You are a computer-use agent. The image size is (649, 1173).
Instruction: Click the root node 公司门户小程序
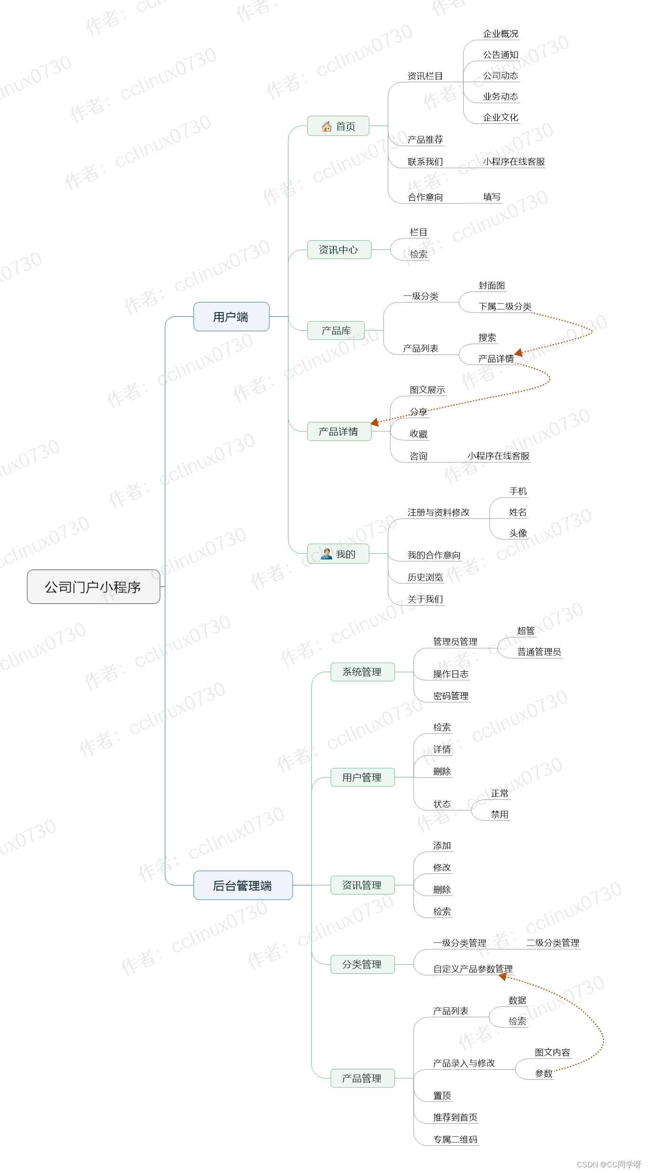(x=93, y=587)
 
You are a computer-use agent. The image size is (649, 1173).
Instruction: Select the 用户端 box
(x=231, y=317)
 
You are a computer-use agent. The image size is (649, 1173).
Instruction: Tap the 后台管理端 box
(x=243, y=885)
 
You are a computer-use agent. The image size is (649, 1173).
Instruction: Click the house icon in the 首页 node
(x=327, y=126)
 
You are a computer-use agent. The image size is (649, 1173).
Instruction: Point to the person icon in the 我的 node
(x=327, y=554)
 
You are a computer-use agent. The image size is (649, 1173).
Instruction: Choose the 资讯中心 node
(x=339, y=250)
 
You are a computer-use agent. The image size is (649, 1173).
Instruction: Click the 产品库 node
(x=336, y=331)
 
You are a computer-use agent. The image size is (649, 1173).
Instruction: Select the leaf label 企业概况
(x=500, y=34)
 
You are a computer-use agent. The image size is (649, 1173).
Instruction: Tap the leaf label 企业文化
(x=500, y=118)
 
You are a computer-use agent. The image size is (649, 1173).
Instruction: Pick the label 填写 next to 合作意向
(x=492, y=197)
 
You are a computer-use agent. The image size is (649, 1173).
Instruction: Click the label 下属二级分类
(x=505, y=307)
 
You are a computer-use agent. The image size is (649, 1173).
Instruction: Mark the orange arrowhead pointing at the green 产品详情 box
(x=375, y=422)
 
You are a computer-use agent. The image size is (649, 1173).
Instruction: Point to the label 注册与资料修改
(x=438, y=513)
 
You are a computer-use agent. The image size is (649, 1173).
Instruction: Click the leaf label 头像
(x=518, y=533)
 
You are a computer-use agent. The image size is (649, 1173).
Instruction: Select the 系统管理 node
(x=362, y=672)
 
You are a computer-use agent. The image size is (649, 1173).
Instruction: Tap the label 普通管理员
(x=539, y=652)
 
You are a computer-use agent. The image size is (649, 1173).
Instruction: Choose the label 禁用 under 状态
(x=500, y=815)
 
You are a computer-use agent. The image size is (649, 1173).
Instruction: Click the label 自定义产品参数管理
(x=473, y=969)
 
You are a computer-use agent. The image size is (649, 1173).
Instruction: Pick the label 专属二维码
(x=455, y=1140)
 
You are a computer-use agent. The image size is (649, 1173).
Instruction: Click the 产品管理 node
(x=362, y=1078)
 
